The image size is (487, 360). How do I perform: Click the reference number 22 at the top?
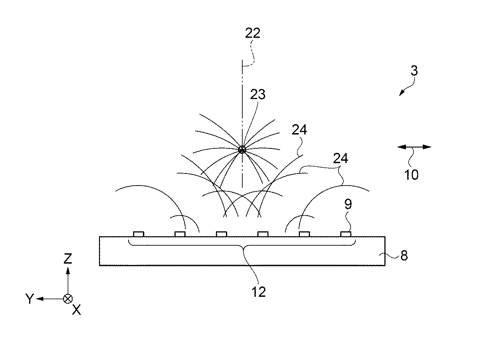tap(253, 33)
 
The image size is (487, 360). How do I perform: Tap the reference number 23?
tap(258, 95)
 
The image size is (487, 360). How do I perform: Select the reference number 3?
tap(414, 71)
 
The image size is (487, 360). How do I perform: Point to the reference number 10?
tap(411, 174)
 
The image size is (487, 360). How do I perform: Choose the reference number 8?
tap(404, 257)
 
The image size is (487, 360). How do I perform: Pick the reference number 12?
tap(259, 291)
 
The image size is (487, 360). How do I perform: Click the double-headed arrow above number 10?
tap(414, 147)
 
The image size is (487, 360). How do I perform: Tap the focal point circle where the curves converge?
tap(242, 150)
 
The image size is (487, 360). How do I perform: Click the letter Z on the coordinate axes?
tap(68, 258)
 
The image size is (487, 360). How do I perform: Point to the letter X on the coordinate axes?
tap(77, 309)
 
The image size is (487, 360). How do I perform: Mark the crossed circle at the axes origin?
tap(68, 299)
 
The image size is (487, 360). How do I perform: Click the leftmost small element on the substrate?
tap(138, 234)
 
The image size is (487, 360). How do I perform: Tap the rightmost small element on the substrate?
tap(345, 234)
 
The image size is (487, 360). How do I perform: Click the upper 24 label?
tap(300, 130)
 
